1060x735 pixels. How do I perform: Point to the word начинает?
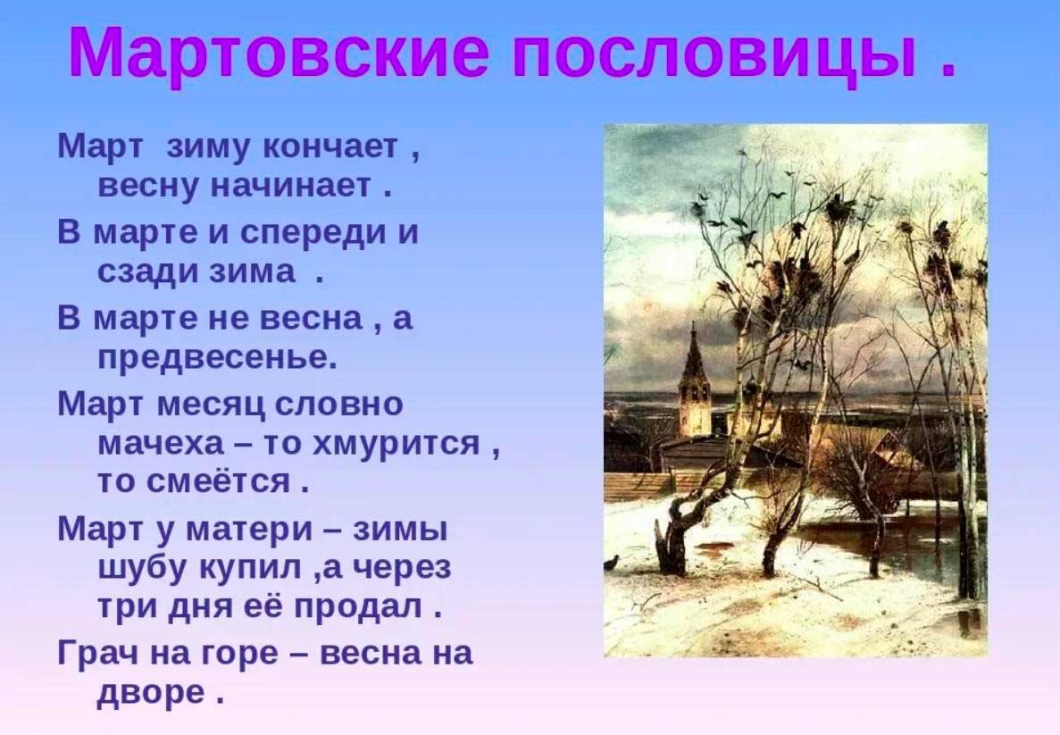291,185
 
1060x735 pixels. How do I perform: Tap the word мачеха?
161,444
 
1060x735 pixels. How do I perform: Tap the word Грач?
99,653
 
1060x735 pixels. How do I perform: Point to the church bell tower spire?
694,352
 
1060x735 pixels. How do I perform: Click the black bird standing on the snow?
614,563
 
